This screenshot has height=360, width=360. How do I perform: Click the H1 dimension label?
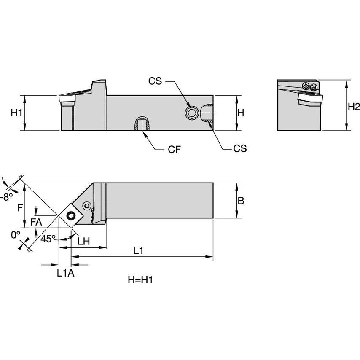(16, 113)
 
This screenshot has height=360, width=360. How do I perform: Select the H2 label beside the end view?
(354, 107)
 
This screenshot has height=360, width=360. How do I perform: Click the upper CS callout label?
(155, 81)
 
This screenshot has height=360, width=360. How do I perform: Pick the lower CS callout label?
(240, 148)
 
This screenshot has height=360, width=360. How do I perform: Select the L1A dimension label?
(65, 273)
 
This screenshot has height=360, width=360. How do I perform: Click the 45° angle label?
(48, 239)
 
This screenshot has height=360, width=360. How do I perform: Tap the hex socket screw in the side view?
(191, 112)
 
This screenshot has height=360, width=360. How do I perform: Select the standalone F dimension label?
(20, 207)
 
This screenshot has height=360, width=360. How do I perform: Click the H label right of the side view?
(241, 113)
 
